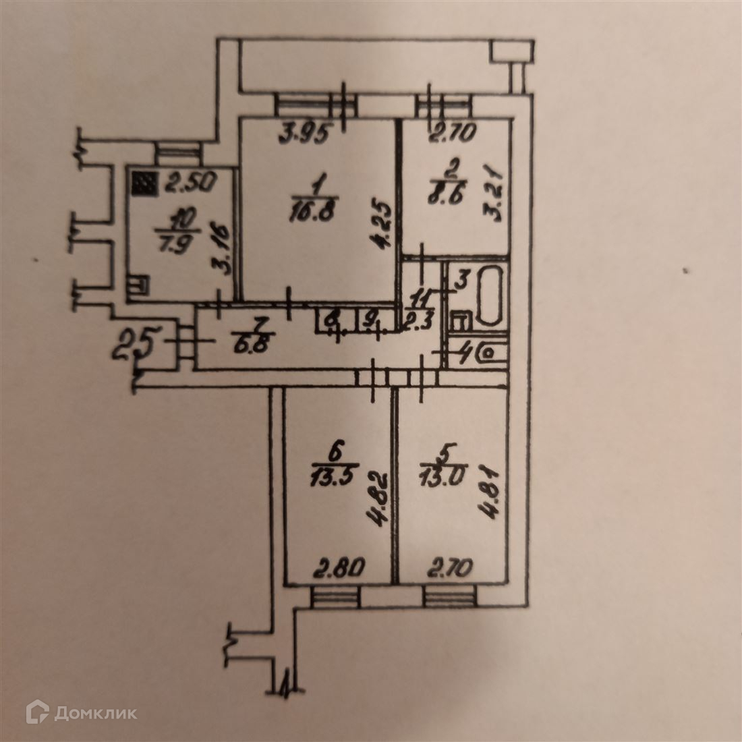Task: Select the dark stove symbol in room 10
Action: pos(142,183)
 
